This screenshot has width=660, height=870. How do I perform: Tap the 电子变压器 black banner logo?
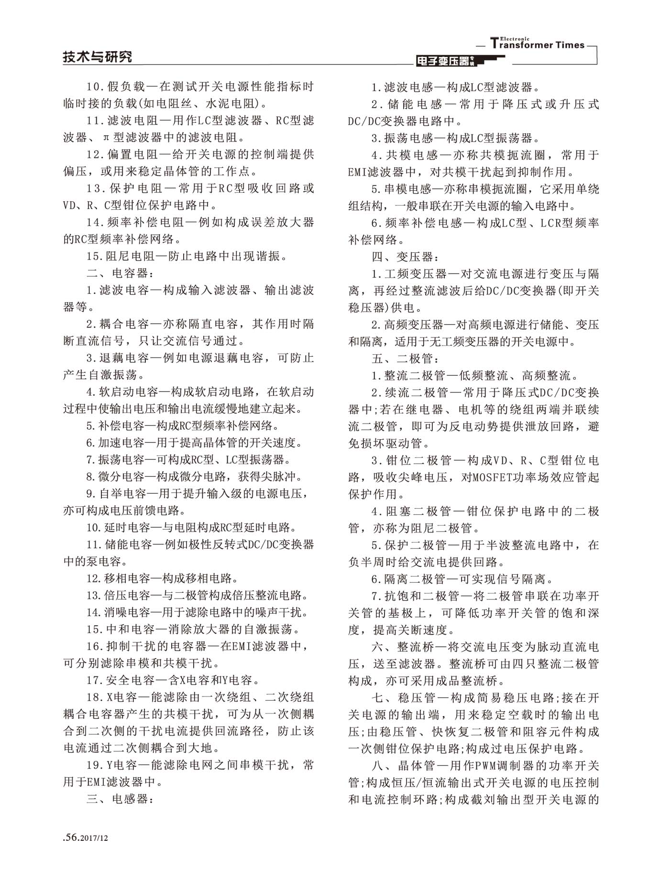tap(445, 61)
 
